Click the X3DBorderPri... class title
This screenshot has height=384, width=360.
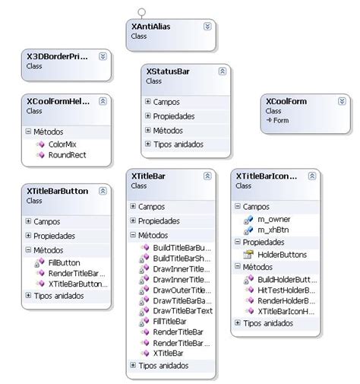click(x=57, y=57)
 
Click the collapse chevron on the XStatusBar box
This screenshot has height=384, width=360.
click(x=222, y=71)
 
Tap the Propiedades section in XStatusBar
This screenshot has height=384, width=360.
click(x=173, y=116)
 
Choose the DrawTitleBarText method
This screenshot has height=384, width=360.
click(x=182, y=311)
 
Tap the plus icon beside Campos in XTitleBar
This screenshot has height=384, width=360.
click(x=133, y=205)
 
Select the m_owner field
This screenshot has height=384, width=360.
click(x=273, y=219)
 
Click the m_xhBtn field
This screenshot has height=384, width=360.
click(x=273, y=230)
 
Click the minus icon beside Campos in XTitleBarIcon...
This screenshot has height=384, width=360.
click(x=236, y=205)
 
